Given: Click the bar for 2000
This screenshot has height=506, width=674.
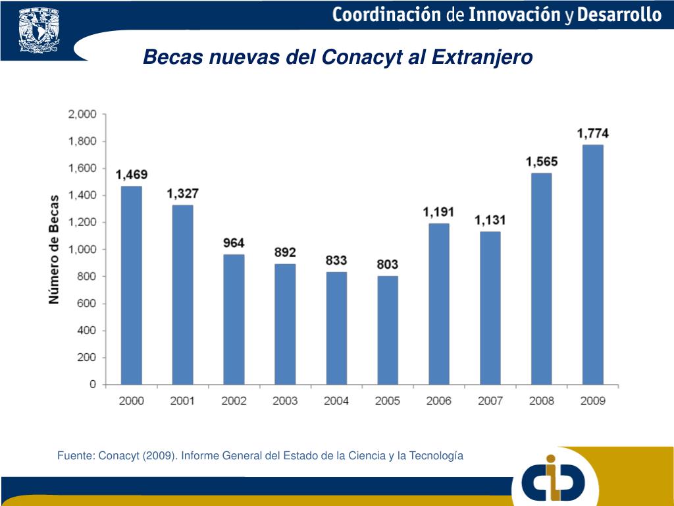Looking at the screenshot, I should (132, 285).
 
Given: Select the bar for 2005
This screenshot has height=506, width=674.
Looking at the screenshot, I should (388, 329).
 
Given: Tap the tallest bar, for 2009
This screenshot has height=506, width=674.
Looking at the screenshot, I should (593, 264).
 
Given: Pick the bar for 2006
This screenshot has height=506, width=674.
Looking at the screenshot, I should (439, 303).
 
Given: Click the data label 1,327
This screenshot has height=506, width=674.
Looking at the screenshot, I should (182, 194).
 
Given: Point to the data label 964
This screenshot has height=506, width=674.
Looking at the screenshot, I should (234, 242).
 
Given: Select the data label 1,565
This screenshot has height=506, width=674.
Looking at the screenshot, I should (542, 161).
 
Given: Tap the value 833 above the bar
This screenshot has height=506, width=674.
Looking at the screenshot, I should (336, 260).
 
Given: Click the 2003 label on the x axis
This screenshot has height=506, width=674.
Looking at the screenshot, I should (285, 401).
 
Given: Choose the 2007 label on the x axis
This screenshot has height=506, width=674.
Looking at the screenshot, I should (490, 401).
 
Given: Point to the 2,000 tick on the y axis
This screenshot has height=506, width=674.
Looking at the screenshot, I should (82, 114).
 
